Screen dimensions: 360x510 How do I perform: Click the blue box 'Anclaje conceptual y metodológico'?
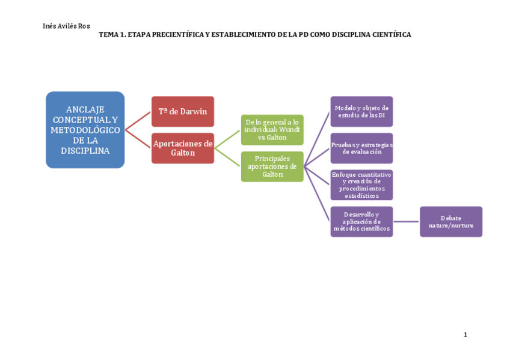[85, 130]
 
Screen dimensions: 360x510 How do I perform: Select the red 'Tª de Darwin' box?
[182, 111]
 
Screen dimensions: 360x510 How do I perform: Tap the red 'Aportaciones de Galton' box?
[182, 148]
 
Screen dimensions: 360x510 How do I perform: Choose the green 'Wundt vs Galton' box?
[272, 130]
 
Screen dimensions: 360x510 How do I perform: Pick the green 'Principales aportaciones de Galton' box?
[272, 166]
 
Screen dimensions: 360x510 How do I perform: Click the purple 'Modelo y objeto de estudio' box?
[361, 111]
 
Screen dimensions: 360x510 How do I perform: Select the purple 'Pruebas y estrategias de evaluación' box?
[361, 148]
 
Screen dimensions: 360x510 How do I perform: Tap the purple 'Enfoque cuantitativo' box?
[361, 185]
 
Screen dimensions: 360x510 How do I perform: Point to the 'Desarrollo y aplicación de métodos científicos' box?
[361, 221]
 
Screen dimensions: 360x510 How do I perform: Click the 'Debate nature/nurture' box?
[450, 221]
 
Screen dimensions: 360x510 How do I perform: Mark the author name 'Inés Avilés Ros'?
[66, 26]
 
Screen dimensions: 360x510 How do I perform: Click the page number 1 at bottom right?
[465, 335]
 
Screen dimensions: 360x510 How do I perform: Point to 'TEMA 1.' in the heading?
[112, 35]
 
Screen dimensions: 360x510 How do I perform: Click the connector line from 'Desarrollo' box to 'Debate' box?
[406, 222]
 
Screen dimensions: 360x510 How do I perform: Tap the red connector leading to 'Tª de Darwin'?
[138, 120]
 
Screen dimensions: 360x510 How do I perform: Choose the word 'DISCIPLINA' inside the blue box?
[85, 151]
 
